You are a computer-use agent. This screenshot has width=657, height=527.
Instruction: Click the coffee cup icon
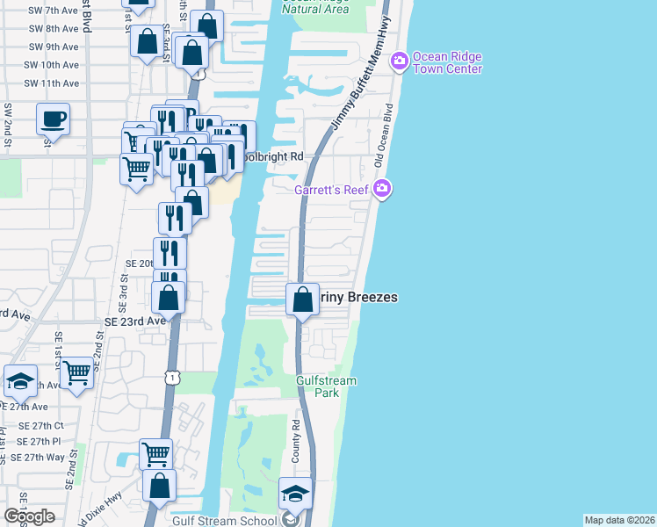point(53,119)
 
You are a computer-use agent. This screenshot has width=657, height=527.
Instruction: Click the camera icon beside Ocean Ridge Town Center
point(400,59)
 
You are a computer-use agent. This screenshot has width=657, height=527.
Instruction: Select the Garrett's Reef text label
point(333,189)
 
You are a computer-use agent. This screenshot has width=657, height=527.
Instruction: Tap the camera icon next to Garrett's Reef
point(382,189)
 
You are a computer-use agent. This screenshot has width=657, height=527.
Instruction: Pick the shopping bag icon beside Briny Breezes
point(302,300)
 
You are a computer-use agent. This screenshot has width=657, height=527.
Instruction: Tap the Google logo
point(29,516)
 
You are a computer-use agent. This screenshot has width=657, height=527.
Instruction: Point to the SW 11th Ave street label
point(53,83)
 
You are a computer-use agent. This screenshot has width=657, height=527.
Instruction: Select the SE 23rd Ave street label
point(135,321)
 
